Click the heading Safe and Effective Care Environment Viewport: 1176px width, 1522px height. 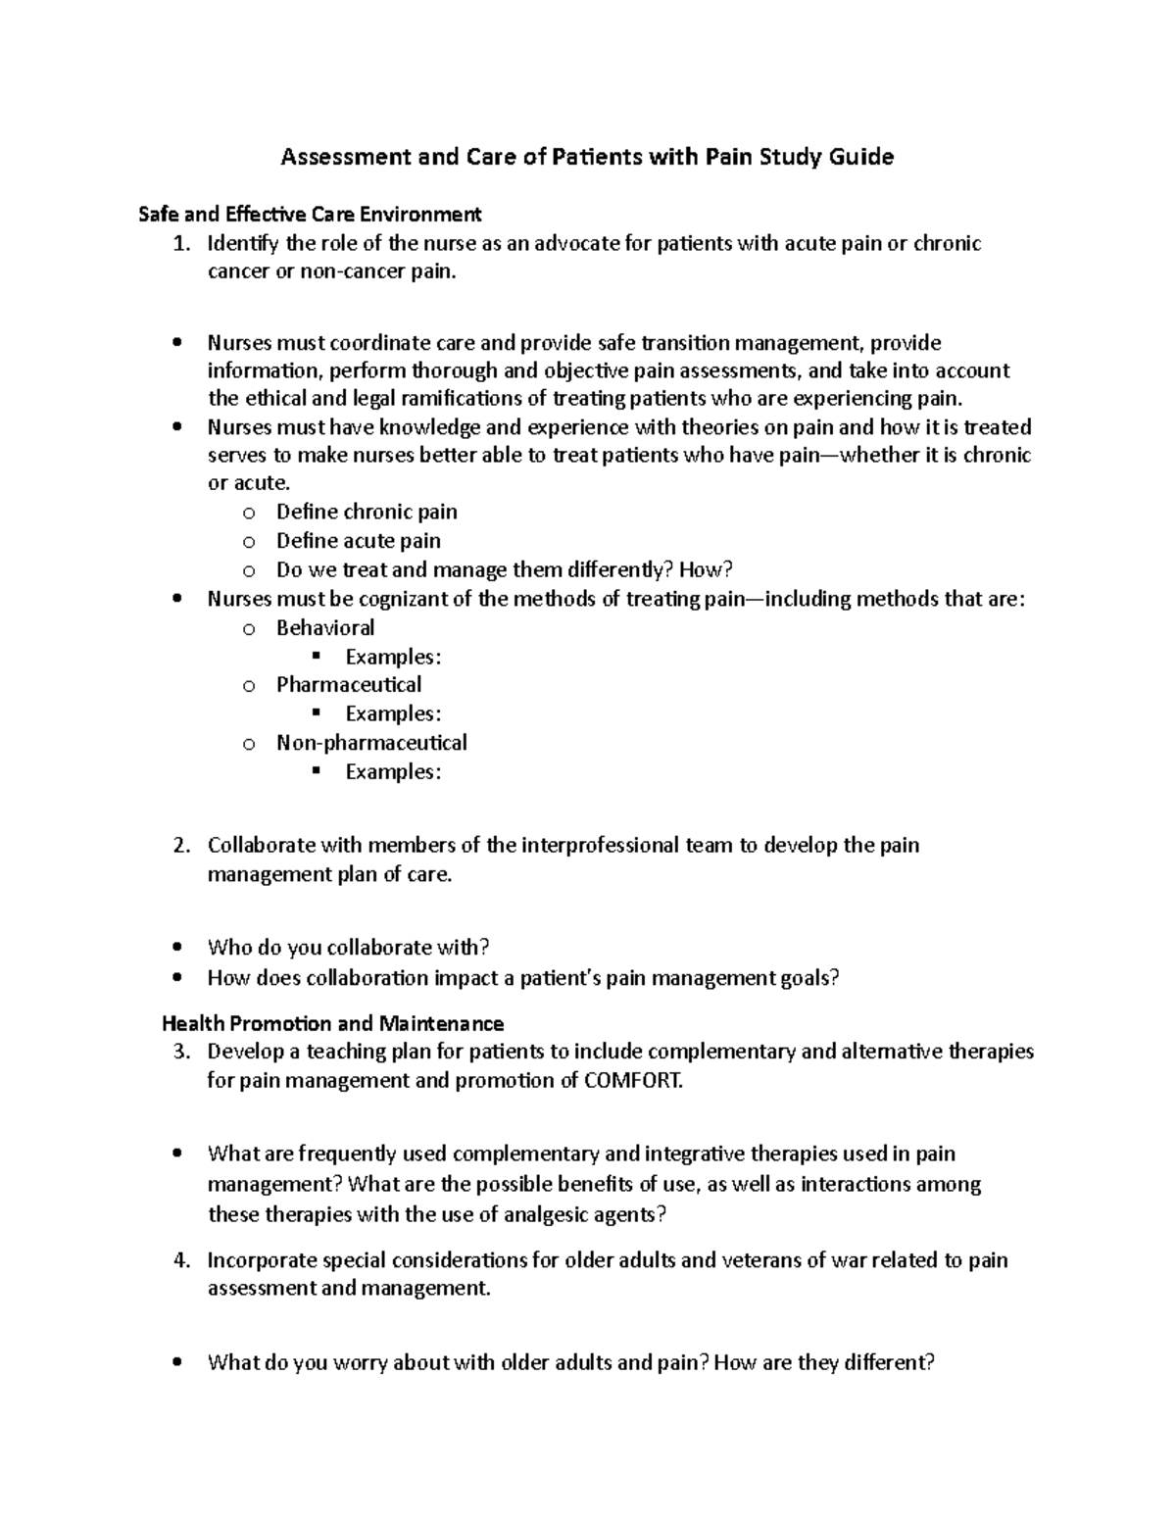(310, 214)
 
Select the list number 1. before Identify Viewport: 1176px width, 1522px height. (179, 243)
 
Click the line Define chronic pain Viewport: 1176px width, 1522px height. (367, 512)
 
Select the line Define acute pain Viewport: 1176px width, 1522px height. (358, 541)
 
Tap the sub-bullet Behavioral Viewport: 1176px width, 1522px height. (325, 627)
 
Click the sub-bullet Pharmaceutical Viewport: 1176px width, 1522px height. (349, 684)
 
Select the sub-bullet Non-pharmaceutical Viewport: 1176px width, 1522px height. (371, 743)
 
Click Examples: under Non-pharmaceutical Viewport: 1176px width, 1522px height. (393, 772)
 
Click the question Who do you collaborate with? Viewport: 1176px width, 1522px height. (348, 948)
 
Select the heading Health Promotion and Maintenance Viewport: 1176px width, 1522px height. (332, 1024)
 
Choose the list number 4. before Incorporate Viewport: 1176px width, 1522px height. (179, 1260)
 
